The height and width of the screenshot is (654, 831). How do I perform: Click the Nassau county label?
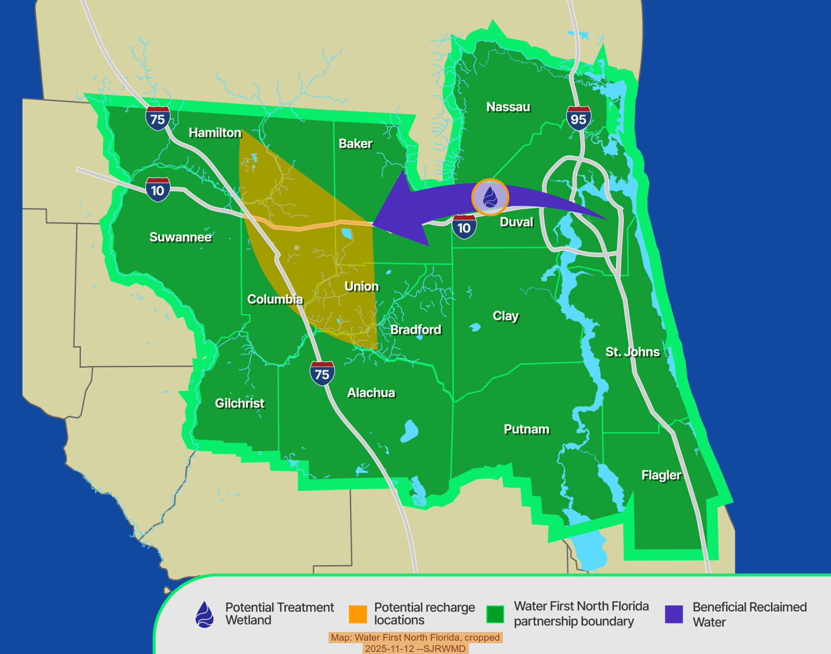coord(508,107)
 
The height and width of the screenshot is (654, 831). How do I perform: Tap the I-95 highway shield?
coord(578,118)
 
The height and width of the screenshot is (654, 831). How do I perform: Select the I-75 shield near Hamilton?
coord(158,118)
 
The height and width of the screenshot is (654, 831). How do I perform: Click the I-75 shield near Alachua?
coord(322,373)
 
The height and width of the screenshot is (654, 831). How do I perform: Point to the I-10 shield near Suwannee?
coord(157,190)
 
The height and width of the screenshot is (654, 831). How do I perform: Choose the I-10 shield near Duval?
coord(464,227)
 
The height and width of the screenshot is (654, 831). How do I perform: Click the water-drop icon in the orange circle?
coord(490,197)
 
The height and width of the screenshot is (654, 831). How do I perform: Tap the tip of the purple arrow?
coord(373,225)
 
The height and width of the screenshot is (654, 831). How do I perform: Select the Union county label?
coord(361,286)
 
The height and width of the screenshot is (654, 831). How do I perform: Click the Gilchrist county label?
coord(239,403)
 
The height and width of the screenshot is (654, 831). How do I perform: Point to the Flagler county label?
coord(661,475)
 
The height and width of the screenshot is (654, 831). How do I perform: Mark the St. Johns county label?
coord(632,352)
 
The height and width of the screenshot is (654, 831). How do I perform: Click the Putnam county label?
coord(526,429)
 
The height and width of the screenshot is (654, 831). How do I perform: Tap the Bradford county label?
coord(415,329)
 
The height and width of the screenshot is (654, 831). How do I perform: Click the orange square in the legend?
coord(358,614)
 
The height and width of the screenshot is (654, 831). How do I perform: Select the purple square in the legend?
coord(674,614)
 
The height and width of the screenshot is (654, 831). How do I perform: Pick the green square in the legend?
coord(495,614)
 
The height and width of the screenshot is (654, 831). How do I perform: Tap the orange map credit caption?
coord(415,643)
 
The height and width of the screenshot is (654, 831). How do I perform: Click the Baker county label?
coord(355,144)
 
